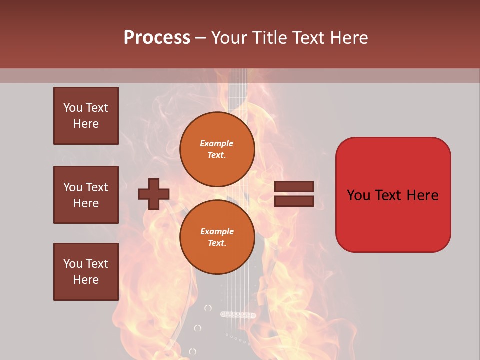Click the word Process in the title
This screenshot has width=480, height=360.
[x=157, y=38]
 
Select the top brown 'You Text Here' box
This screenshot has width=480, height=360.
[x=86, y=116]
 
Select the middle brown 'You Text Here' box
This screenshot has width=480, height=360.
[x=86, y=195]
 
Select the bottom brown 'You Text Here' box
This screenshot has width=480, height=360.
[x=86, y=272]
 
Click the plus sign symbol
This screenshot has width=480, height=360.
[x=154, y=194]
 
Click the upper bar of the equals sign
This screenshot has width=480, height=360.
[x=294, y=186]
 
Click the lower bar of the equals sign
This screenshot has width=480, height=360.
[x=294, y=201]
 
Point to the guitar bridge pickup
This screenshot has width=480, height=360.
[x=238, y=315]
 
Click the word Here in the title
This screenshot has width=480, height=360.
[x=350, y=38]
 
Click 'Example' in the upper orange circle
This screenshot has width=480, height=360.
[x=217, y=143]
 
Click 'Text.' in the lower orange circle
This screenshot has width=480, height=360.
[x=217, y=243]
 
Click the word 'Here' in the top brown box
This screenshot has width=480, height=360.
[x=86, y=124]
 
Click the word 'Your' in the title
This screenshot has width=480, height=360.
[x=229, y=38]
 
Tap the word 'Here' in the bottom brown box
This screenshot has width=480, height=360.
[x=86, y=280]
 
